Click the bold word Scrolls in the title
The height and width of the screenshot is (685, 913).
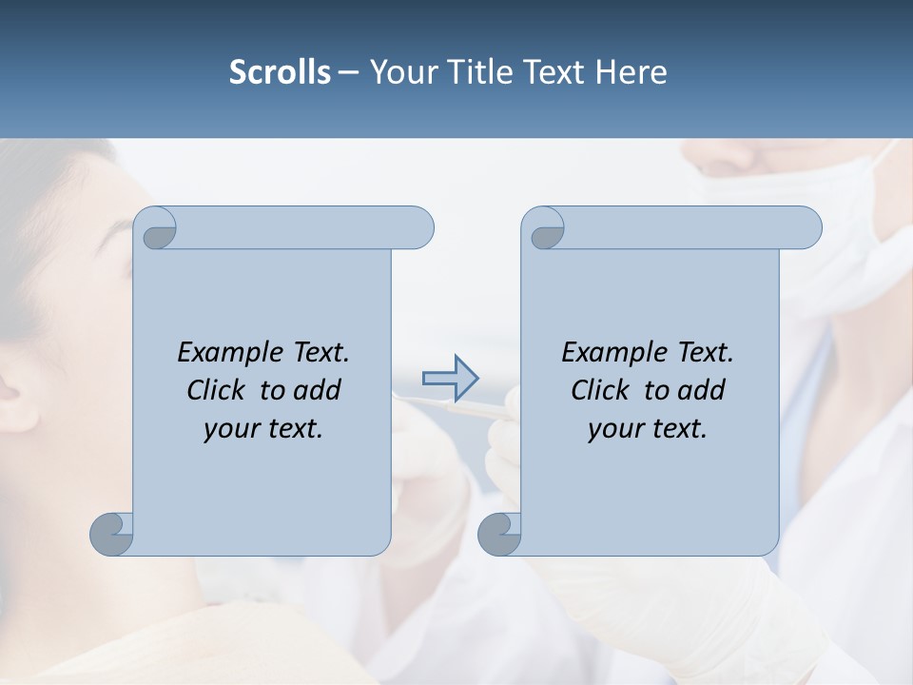281,71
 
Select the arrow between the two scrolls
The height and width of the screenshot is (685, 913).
450,378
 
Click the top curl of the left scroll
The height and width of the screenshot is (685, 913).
155,228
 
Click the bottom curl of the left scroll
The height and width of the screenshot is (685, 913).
111,533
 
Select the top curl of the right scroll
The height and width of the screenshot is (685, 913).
543,228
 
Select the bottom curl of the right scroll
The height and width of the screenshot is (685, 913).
499,533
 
